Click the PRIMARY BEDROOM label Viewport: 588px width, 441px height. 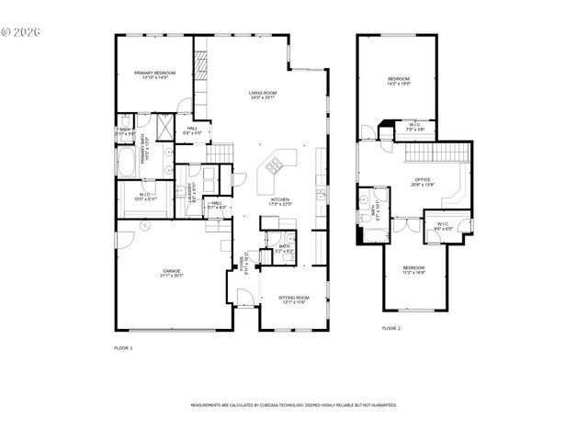[x=153, y=74]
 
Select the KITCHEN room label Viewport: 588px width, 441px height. [x=280, y=201]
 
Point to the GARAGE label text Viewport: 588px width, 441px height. [x=172, y=273]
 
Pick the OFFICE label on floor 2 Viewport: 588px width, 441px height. [x=422, y=181]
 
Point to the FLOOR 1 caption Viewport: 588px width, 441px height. [x=123, y=348]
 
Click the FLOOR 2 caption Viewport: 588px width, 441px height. [x=391, y=328]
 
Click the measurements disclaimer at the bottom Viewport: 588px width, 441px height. [x=293, y=404]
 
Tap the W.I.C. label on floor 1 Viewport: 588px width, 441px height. [x=146, y=196]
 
